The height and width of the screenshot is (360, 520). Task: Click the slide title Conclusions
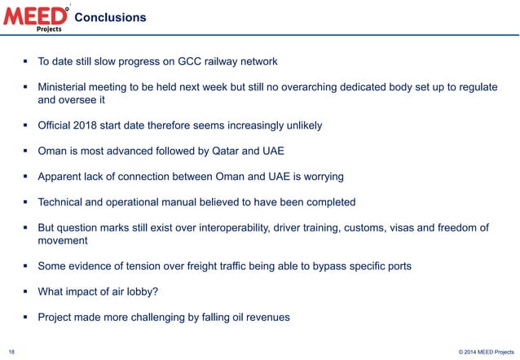116,17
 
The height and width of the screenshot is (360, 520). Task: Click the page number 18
11,351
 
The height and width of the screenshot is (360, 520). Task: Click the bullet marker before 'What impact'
27,291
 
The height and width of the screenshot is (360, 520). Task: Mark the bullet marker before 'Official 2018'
27,125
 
